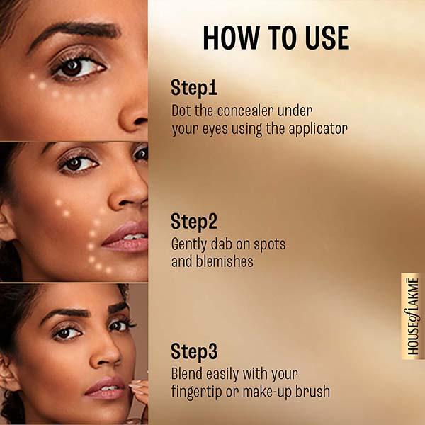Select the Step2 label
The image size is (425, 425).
point(195,221)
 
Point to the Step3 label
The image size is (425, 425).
point(195,351)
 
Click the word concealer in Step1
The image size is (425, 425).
point(234,111)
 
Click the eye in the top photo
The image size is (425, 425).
point(76,68)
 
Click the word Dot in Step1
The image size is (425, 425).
point(182,111)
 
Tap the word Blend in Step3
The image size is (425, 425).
point(188,373)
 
